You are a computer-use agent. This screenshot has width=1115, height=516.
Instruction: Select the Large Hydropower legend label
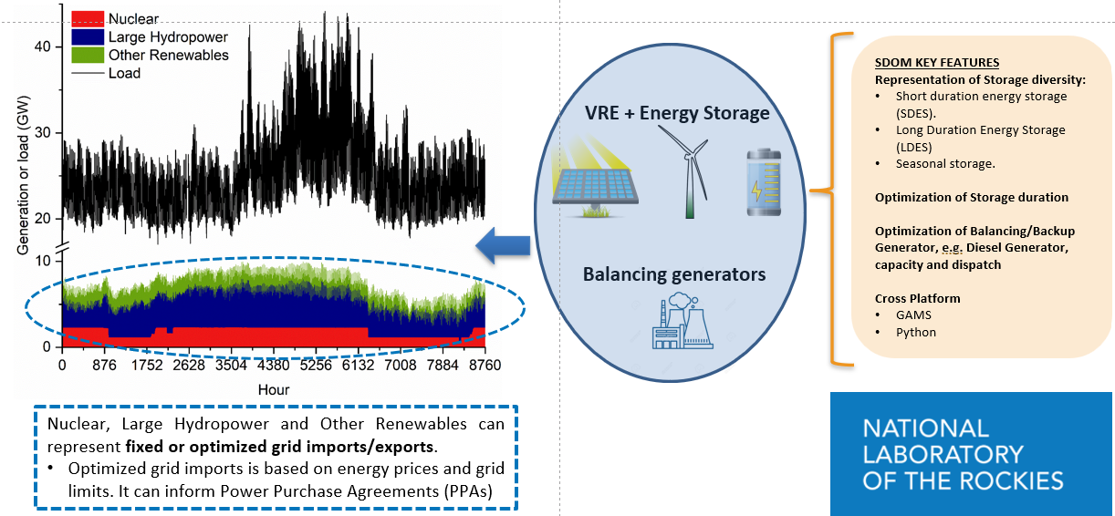click(168, 37)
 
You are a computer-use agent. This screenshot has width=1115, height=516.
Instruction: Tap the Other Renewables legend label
click(168, 55)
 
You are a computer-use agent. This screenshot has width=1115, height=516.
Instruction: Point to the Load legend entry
click(124, 73)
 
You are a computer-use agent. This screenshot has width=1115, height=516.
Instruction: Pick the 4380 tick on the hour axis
click(274, 366)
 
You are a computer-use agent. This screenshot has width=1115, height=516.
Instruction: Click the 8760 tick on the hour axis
click(485, 366)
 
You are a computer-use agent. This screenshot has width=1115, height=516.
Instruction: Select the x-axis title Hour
click(273, 388)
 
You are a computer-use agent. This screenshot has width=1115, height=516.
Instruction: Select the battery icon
click(763, 182)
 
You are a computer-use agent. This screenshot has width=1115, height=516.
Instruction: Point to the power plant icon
click(680, 324)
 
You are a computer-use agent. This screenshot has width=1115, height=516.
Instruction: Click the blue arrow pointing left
click(503, 243)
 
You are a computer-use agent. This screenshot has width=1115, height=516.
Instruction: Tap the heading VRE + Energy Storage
click(677, 113)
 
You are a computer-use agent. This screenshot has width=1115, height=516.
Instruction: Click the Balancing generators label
click(674, 273)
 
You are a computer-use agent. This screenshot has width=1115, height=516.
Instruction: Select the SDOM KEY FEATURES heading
click(937, 63)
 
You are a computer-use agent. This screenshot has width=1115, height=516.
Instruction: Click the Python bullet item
click(916, 332)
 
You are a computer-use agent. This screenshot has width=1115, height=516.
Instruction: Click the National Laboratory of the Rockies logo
click(971, 454)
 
